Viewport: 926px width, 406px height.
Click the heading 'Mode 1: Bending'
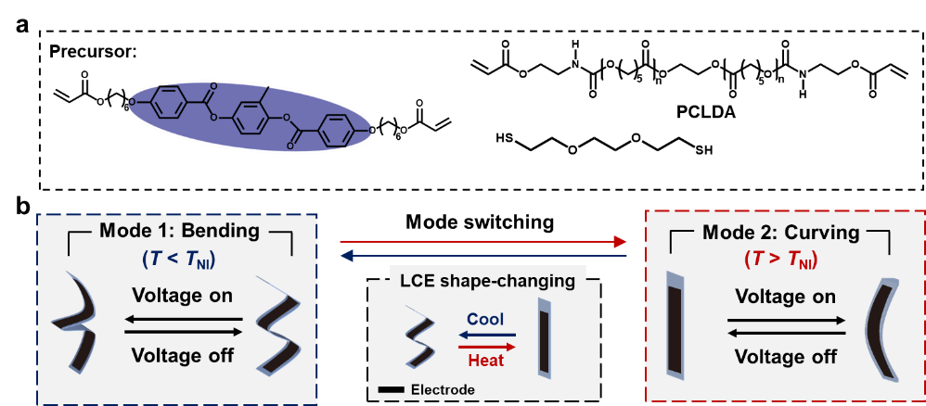180,231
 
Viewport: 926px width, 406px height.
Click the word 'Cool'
485,318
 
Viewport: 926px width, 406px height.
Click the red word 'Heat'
486,361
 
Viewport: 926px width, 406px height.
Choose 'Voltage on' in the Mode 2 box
785,297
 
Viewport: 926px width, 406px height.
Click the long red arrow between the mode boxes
482,242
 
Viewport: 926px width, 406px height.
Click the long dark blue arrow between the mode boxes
482,256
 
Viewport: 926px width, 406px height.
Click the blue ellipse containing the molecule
251,117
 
